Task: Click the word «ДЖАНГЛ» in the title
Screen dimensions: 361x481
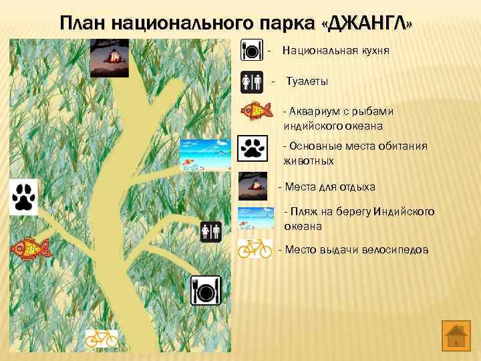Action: coord(367,24)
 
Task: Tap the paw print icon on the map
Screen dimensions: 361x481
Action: coord(23,197)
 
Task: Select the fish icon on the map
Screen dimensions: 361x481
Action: coord(30,248)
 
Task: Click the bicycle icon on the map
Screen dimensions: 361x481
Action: coord(102,338)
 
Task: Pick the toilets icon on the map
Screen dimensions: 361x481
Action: coord(211,232)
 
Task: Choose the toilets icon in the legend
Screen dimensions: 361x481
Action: coord(252,82)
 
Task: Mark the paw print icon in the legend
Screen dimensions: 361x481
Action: coord(253,148)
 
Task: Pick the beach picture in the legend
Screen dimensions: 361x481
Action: coord(255,218)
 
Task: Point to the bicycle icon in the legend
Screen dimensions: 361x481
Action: coord(255,249)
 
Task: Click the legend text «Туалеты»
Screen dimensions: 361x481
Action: coord(307,82)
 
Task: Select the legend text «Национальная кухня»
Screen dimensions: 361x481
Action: coord(335,51)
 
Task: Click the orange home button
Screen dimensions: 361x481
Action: coord(456,334)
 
